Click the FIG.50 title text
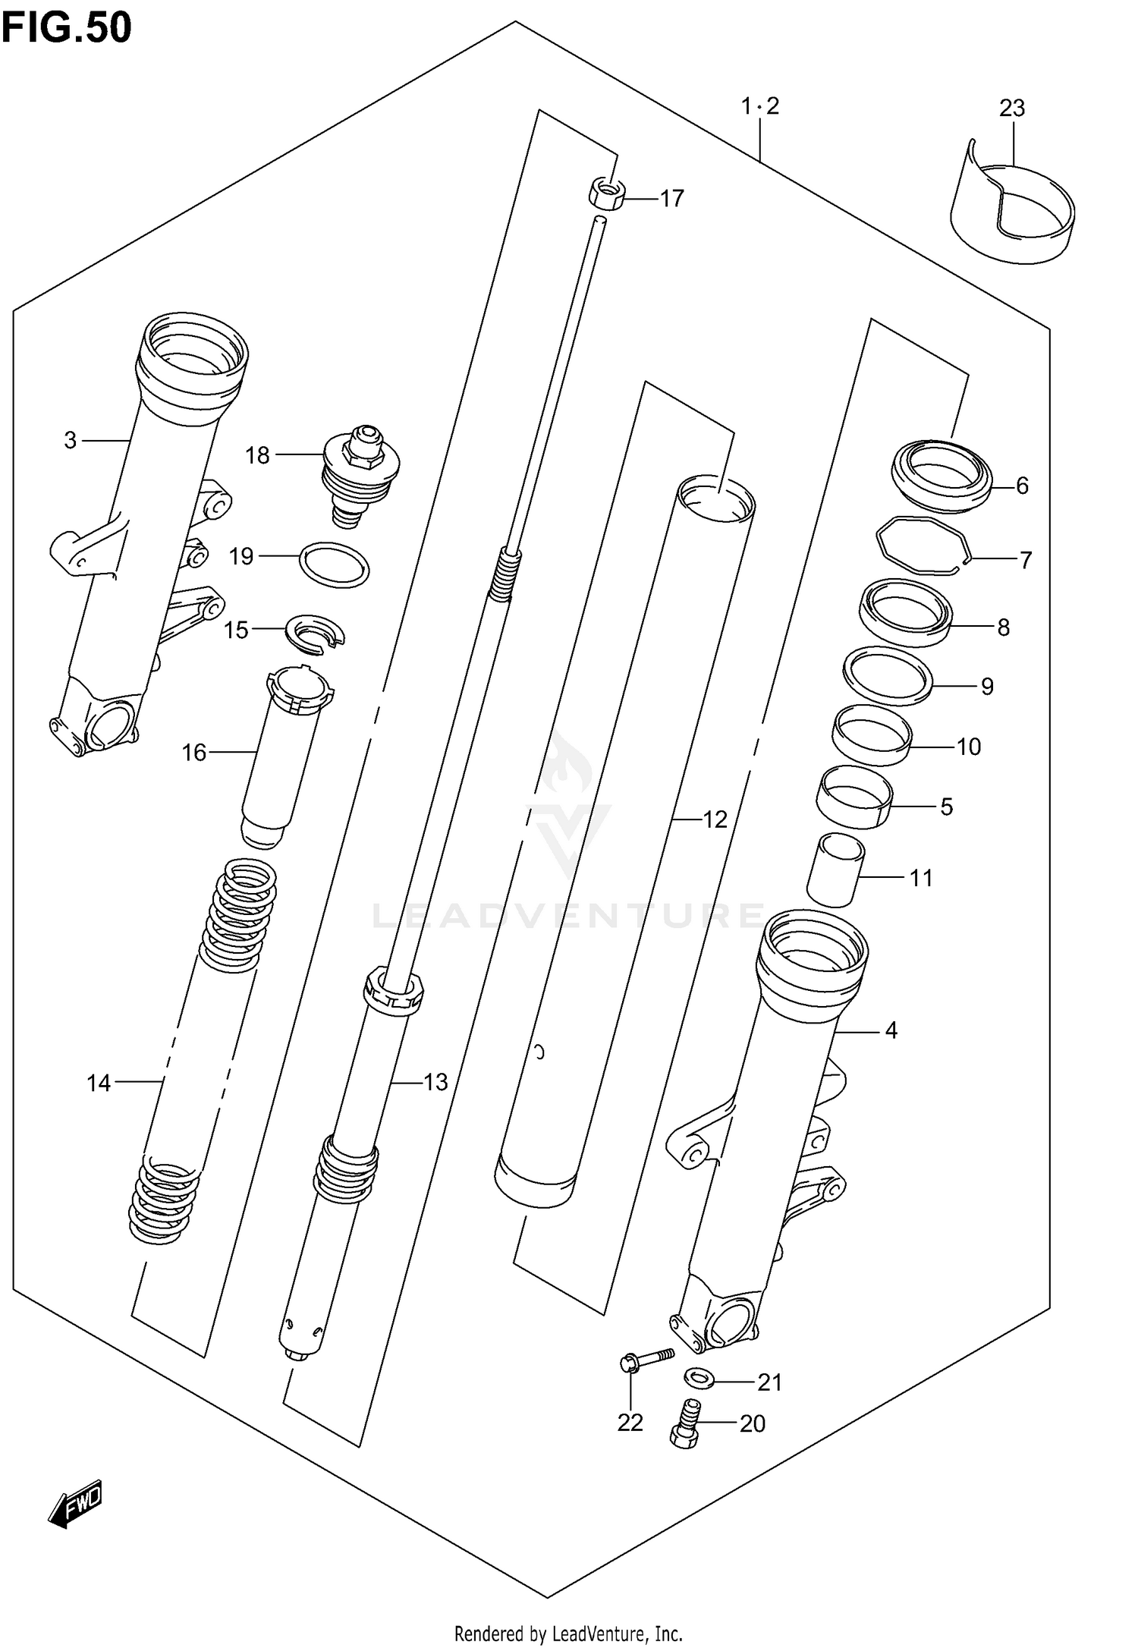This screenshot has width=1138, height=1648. click(x=66, y=28)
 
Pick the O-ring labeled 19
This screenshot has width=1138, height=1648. click(x=335, y=565)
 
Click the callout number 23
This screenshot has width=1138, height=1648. click(x=1011, y=109)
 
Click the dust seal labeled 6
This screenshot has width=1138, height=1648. click(x=942, y=475)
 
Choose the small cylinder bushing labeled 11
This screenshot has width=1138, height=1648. click(x=835, y=870)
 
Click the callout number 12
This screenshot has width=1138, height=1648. click(x=715, y=819)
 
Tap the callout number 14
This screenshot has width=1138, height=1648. click(x=99, y=1083)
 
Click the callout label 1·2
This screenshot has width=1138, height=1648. click(x=760, y=106)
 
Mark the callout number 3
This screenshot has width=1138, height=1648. click(x=70, y=440)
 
